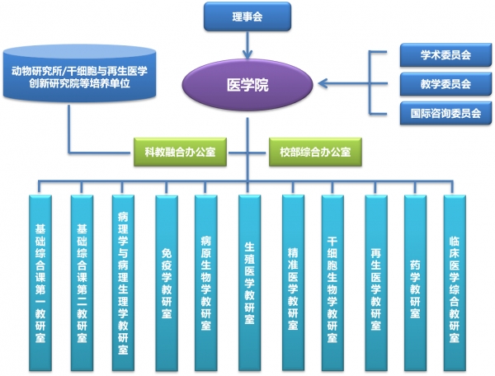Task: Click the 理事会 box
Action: [247, 16]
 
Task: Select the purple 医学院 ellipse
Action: [247, 85]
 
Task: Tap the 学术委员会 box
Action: [445, 55]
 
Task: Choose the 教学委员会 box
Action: [445, 84]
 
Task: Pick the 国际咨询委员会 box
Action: [445, 113]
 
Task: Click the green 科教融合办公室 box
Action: [180, 152]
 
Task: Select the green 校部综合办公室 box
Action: [315, 152]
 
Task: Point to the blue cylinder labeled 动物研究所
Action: [79, 73]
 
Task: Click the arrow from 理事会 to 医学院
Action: [247, 45]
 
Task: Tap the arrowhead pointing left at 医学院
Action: [323, 83]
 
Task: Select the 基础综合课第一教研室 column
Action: [40, 283]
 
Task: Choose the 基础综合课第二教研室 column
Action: [82, 283]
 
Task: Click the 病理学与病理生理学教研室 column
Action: [123, 283]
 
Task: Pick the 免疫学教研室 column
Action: [167, 283]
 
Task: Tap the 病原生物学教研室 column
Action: [205, 283]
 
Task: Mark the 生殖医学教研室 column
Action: [249, 283]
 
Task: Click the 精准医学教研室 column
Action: [293, 283]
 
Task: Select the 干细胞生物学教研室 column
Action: [332, 283]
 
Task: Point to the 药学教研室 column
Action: [415, 283]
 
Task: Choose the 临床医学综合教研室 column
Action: [455, 283]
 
